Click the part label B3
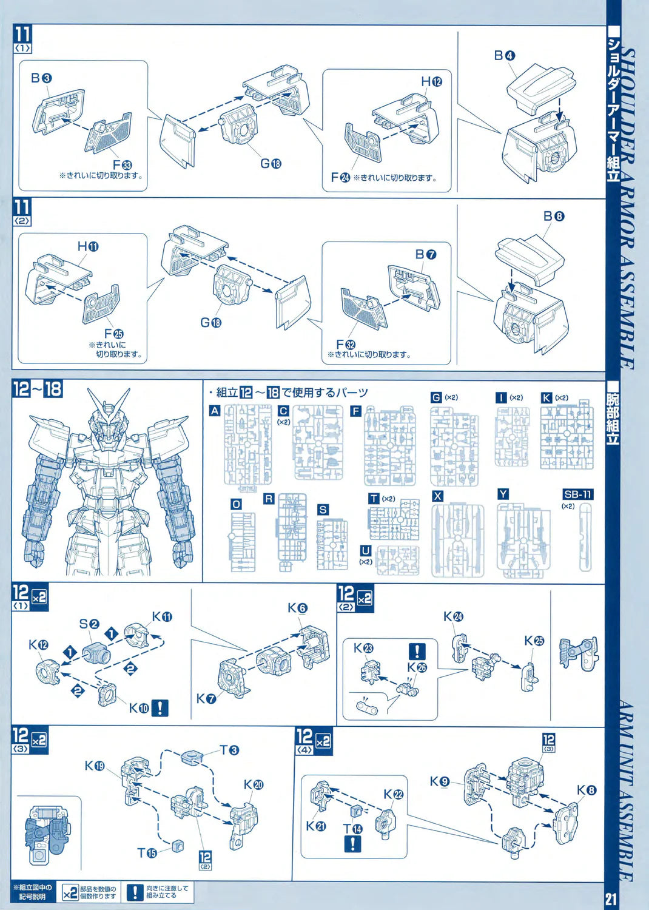click(x=41, y=78)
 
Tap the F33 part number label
click(x=122, y=164)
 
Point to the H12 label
click(x=431, y=81)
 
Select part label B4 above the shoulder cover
click(x=504, y=56)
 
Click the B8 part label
click(x=553, y=216)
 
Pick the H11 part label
click(x=88, y=246)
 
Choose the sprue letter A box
click(x=215, y=411)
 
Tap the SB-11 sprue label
click(x=577, y=494)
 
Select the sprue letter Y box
click(x=503, y=494)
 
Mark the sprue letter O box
click(x=236, y=504)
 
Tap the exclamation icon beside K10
click(x=160, y=707)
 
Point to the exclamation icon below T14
click(x=352, y=843)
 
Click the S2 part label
click(x=89, y=624)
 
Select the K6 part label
click(x=297, y=608)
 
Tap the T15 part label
click(x=147, y=852)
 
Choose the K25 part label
click(x=534, y=641)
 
